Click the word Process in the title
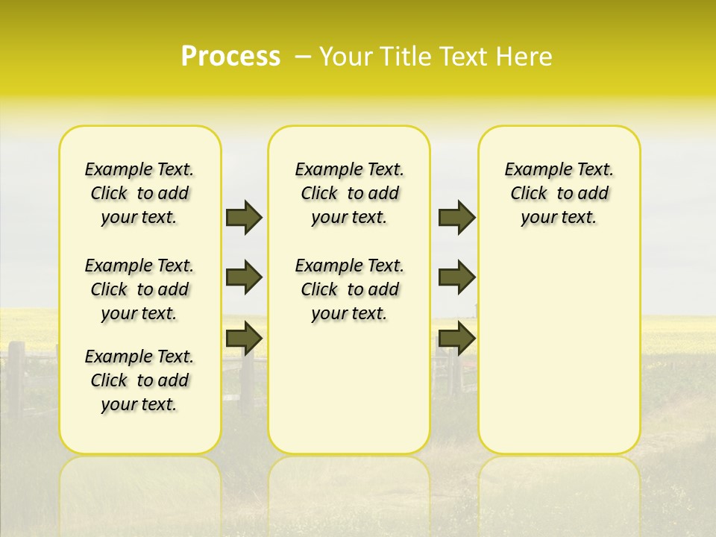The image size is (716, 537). [230, 57]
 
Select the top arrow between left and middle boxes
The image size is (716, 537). [244, 217]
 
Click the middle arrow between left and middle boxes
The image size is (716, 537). [244, 277]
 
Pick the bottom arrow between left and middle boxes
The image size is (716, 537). [244, 337]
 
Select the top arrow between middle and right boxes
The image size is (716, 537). [456, 217]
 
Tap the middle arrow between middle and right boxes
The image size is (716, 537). [456, 277]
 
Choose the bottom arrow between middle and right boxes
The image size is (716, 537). [456, 338]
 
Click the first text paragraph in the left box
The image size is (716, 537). [139, 193]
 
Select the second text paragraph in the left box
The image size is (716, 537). [139, 289]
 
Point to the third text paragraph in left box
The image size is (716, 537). [139, 380]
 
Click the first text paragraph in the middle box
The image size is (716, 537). [349, 193]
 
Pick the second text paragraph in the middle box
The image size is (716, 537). [349, 289]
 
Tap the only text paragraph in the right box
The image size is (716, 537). [559, 193]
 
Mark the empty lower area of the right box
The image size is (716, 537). [559, 358]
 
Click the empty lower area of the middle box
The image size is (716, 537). [349, 388]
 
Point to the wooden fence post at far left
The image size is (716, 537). [15, 377]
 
